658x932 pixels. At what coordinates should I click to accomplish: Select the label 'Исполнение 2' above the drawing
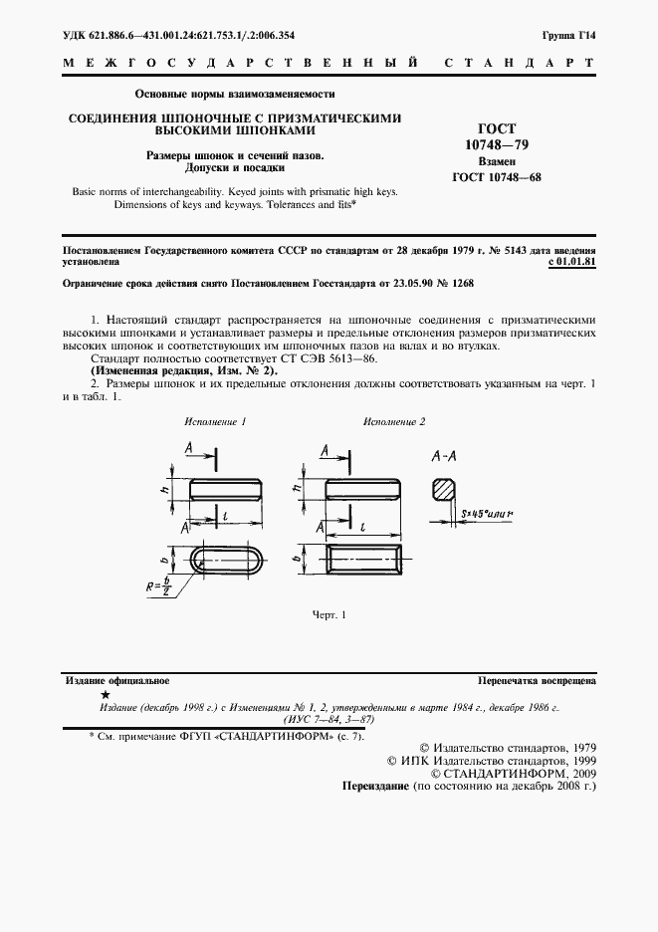(x=394, y=422)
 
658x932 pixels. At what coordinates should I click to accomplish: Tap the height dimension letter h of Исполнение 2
(x=297, y=488)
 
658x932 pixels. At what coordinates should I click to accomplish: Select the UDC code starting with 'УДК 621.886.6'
(x=178, y=35)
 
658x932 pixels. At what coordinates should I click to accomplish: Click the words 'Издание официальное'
(x=116, y=681)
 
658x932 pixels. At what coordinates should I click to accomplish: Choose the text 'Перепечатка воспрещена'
(x=537, y=681)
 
